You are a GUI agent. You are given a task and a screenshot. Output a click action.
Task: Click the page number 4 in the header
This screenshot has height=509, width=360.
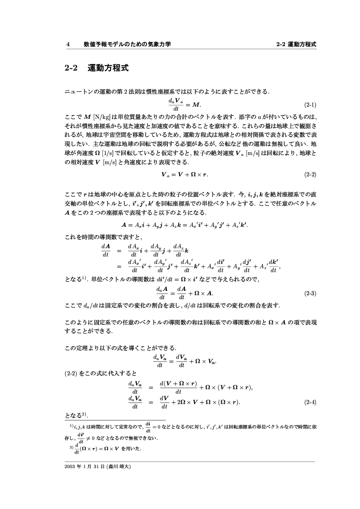68,44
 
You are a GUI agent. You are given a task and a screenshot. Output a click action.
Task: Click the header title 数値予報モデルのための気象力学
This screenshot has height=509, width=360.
127,44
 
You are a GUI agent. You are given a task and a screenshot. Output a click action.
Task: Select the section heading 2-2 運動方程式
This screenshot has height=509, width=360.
96,68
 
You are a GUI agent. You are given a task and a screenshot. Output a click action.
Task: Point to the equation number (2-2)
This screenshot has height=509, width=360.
309,175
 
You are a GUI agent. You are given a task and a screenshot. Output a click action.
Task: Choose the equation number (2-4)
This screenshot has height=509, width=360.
309,402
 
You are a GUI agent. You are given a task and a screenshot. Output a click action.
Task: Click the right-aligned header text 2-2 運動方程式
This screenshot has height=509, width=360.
296,44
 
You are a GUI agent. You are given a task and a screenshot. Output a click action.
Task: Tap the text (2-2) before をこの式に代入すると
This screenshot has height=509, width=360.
71,373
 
